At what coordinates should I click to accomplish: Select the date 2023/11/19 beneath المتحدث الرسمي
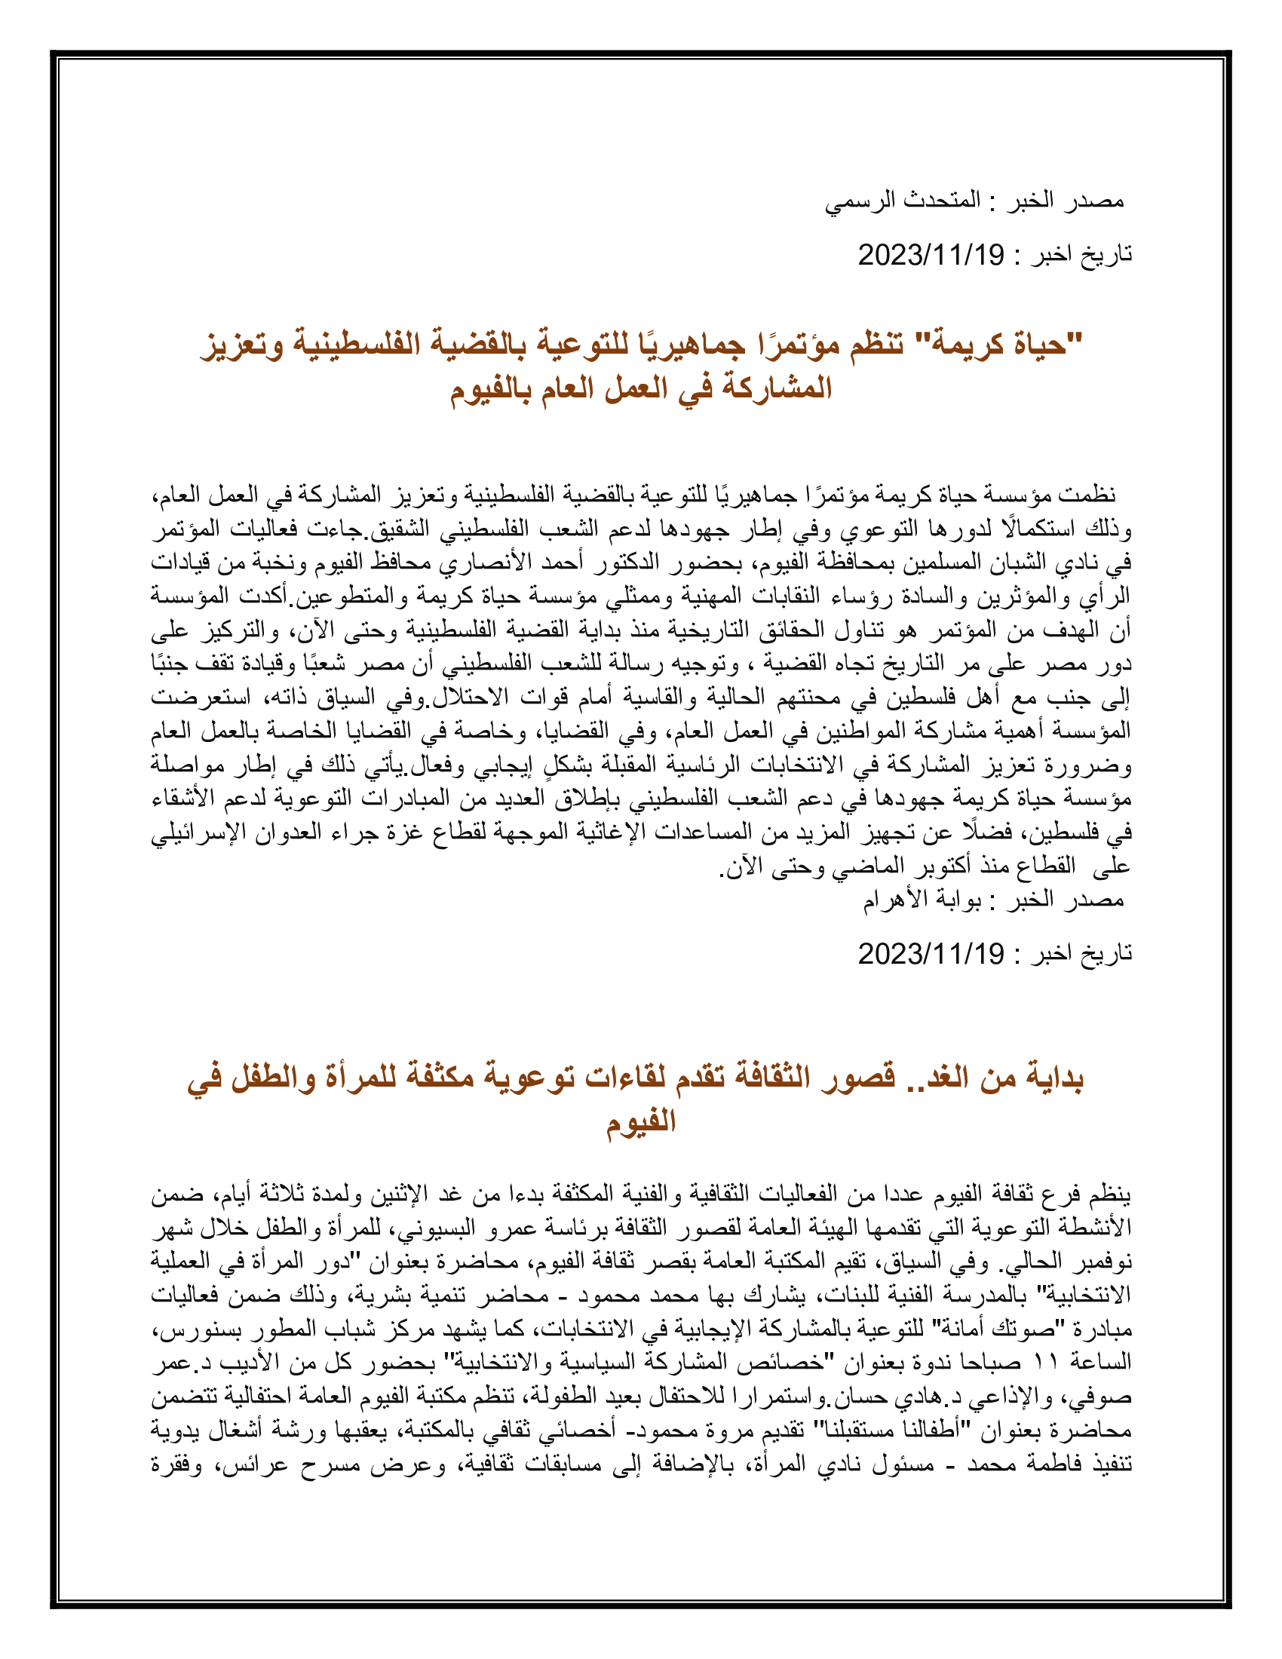(x=931, y=255)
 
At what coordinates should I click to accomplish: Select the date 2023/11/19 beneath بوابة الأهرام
(x=931, y=954)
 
